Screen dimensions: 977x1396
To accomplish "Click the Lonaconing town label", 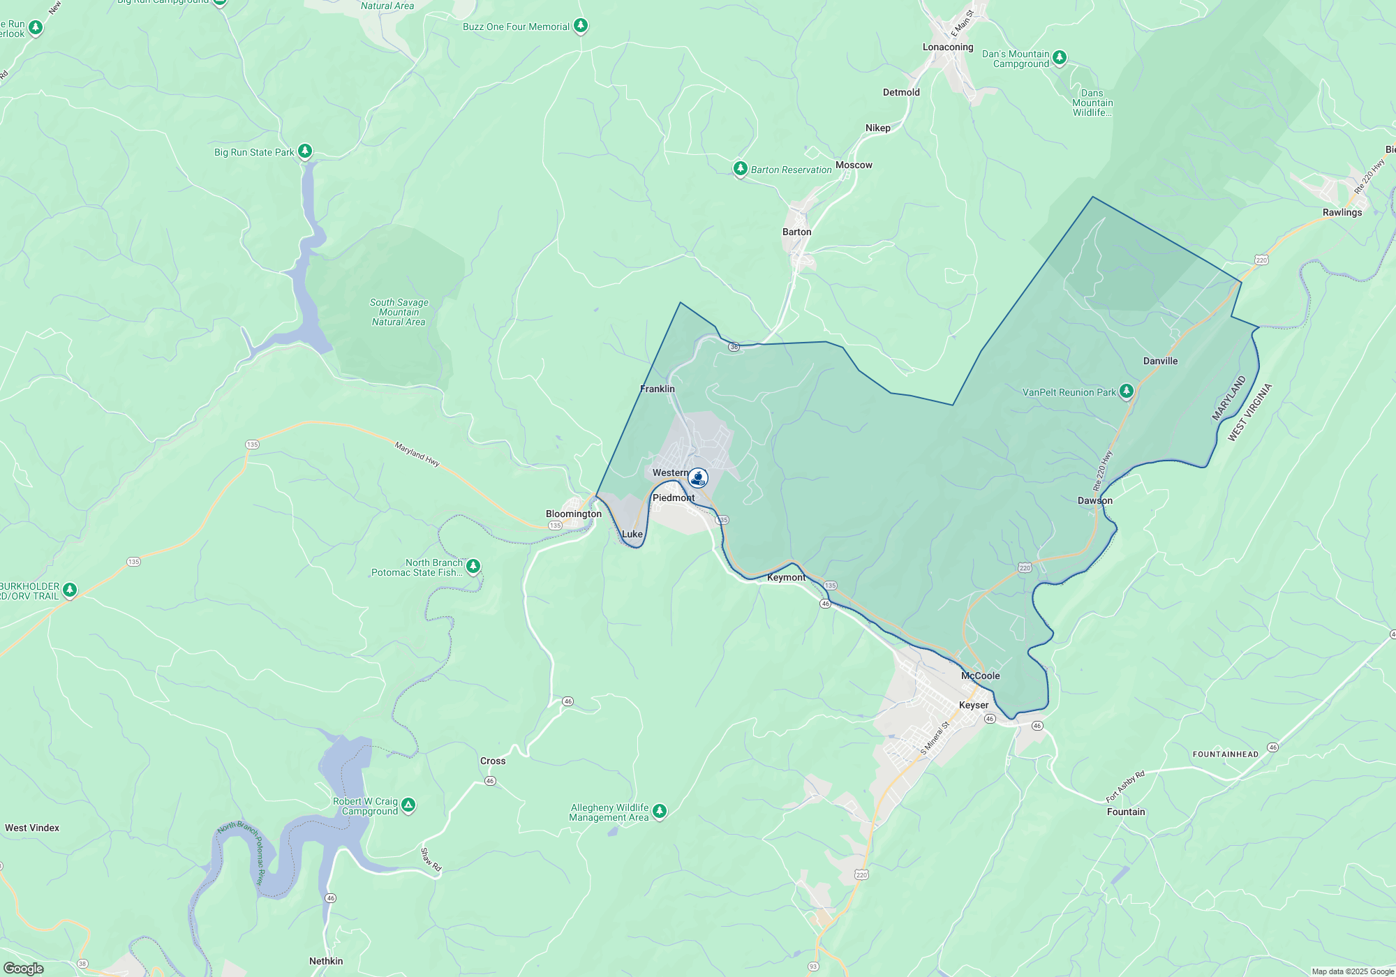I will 947,47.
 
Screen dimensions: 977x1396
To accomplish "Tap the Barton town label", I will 796,232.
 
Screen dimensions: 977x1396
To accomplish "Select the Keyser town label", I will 973,705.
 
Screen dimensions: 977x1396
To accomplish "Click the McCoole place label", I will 980,676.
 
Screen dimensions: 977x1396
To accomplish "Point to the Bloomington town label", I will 573,514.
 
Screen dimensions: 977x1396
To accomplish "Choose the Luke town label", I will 632,534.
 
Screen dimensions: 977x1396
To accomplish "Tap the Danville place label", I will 1160,361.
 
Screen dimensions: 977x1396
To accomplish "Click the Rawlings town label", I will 1342,212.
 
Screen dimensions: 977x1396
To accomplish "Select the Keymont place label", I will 786,577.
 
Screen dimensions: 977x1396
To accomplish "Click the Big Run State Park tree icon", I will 304,151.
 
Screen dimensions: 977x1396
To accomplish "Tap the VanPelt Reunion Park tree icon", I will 1126,391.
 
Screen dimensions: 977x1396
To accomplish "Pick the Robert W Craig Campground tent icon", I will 408,805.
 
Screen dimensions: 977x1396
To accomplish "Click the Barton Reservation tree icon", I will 740,168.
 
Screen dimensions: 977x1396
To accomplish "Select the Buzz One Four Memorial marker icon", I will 580,26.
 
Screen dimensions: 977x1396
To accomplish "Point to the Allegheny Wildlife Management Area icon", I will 659,811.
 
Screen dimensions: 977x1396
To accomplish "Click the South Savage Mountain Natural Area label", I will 399,312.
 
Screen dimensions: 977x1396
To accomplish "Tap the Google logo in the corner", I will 24,968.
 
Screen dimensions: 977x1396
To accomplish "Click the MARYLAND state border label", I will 1228,398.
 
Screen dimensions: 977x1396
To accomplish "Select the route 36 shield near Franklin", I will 734,347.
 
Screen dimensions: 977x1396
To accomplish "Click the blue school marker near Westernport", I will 697,477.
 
